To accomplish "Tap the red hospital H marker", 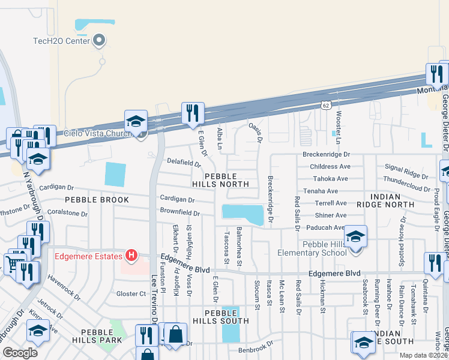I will pyautogui.click(x=130, y=257).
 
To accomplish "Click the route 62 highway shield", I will pyautogui.click(x=325, y=105).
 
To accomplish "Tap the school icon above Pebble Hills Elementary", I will pyautogui.click(x=355, y=236).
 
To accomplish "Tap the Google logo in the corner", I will pyautogui.click(x=19, y=352).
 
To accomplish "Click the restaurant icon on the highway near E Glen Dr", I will pyautogui.click(x=193, y=113).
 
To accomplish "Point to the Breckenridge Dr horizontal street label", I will pyautogui.click(x=326, y=154).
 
